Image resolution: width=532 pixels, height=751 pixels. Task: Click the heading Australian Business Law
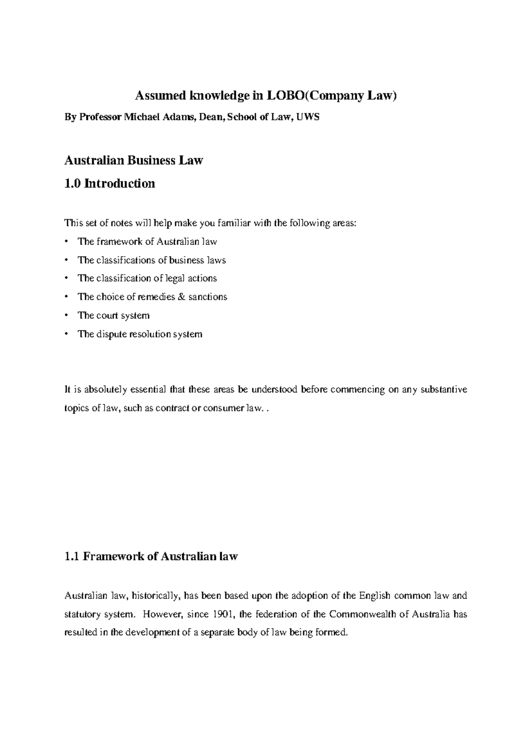pyautogui.click(x=133, y=160)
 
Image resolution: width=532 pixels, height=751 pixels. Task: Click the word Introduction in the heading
pyautogui.click(x=120, y=183)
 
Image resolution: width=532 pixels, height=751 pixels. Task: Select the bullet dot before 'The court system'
pyautogui.click(x=66, y=315)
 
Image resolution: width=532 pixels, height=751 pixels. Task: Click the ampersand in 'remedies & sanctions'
pyautogui.click(x=180, y=297)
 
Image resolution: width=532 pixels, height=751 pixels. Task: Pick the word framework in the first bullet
pyautogui.click(x=117, y=241)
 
